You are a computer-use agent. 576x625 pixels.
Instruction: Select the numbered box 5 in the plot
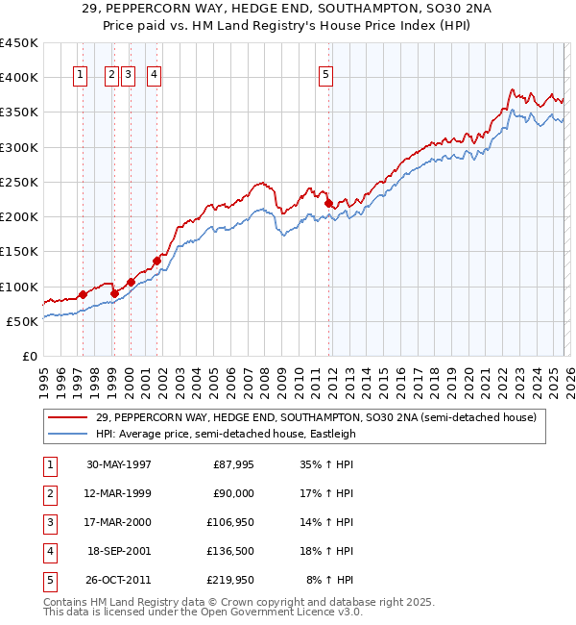[326, 77]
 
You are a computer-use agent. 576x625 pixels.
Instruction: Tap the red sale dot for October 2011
[328, 203]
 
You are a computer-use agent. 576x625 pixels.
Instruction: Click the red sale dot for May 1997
[83, 294]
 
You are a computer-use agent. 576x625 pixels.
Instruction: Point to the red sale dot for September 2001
[156, 261]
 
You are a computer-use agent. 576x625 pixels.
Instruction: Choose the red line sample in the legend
[67, 417]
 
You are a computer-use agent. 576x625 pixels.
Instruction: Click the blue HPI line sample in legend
[67, 434]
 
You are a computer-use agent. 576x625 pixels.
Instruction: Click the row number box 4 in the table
[49, 551]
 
